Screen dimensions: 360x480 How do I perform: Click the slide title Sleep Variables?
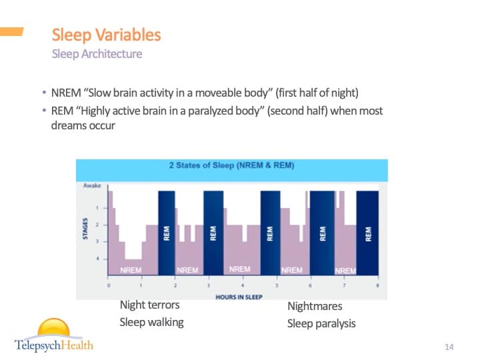(106, 35)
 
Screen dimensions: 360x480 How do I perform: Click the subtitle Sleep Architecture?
(97, 54)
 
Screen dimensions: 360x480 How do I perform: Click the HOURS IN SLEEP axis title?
(239, 297)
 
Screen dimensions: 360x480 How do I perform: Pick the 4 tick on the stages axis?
(98, 259)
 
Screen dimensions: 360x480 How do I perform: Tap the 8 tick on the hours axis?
(378, 285)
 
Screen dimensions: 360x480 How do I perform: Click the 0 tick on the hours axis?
(109, 285)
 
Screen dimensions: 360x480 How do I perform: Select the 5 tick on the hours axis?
(277, 285)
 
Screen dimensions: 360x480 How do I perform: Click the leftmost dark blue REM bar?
(166, 233)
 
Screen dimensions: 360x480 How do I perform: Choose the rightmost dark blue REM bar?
(368, 233)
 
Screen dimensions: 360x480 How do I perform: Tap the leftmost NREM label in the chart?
(130, 270)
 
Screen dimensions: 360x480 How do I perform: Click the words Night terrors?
(149, 305)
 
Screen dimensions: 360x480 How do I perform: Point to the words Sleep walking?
(151, 323)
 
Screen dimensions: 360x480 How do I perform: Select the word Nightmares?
(315, 307)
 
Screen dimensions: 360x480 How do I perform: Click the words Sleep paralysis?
(321, 324)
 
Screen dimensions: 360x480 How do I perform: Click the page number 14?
(449, 347)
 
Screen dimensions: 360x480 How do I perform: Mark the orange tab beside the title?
(11, 31)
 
